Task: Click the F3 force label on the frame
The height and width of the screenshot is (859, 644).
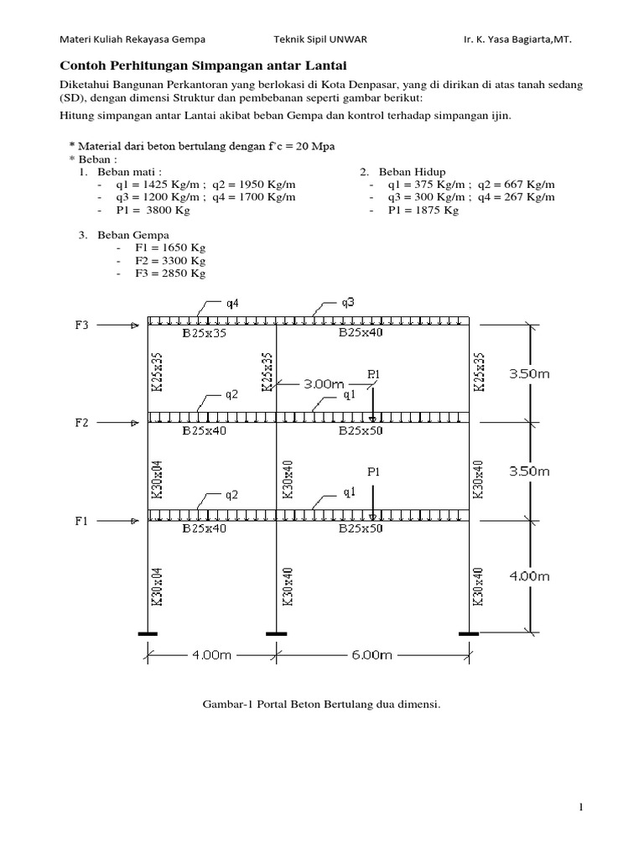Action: point(80,325)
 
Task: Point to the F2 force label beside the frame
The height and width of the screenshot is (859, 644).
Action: point(80,423)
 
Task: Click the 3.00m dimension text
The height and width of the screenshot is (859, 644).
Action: point(325,383)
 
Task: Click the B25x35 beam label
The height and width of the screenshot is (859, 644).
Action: point(205,333)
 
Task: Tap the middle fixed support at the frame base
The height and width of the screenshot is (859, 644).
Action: point(277,633)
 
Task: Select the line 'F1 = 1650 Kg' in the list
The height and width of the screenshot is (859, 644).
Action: point(170,249)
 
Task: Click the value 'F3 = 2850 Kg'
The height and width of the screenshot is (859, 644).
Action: point(170,273)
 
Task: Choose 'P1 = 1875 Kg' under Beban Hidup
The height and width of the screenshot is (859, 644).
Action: point(423,211)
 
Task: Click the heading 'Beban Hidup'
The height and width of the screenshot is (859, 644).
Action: point(413,171)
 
